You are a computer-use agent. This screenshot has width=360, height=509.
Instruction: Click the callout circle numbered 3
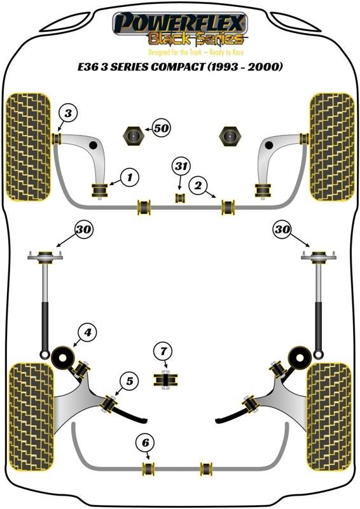pyautogui.click(x=68, y=114)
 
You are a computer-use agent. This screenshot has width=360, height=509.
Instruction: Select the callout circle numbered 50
pyautogui.click(x=162, y=129)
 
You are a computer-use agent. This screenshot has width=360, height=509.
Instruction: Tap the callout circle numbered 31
pyautogui.click(x=181, y=167)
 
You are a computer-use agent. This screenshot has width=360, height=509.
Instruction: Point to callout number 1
pyautogui.click(x=130, y=178)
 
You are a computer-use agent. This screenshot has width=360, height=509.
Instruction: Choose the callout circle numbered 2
pyautogui.click(x=198, y=185)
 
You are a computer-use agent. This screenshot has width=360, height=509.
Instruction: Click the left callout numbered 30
pyautogui.click(x=84, y=230)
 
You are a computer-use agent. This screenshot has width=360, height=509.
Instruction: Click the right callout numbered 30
pyautogui.click(x=282, y=230)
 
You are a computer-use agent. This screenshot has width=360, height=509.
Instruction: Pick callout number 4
pyautogui.click(x=88, y=332)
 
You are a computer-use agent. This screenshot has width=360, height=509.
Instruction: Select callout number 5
pyautogui.click(x=130, y=381)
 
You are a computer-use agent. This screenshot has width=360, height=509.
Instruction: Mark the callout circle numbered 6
pyautogui.click(x=146, y=443)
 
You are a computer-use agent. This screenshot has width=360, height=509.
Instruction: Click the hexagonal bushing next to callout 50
pyautogui.click(x=133, y=136)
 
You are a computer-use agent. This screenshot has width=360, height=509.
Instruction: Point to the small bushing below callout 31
pyautogui.click(x=180, y=198)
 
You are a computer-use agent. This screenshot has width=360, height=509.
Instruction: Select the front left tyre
pyautogui.click(x=29, y=147)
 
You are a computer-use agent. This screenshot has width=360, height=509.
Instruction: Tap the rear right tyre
pyautogui.click(x=329, y=417)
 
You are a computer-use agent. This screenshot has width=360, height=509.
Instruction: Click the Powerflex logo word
pyautogui.click(x=179, y=22)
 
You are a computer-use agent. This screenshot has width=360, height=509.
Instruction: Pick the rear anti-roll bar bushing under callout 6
pyautogui.click(x=149, y=468)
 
